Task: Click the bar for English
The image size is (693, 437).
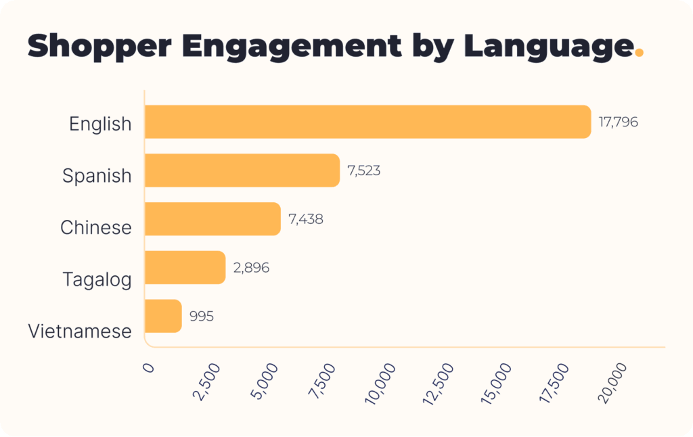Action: pyautogui.click(x=367, y=122)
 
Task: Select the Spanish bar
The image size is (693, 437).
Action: pyautogui.click(x=242, y=170)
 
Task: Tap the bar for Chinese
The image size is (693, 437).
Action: pyautogui.click(x=213, y=218)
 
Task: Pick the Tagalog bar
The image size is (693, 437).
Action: pyautogui.click(x=185, y=267)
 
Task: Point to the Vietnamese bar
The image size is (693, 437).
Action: pyautogui.click(x=163, y=316)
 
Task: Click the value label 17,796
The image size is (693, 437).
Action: pyautogui.click(x=619, y=123)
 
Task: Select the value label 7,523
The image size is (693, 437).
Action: pyautogui.click(x=364, y=171)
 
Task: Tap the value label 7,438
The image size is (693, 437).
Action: pyautogui.click(x=306, y=219)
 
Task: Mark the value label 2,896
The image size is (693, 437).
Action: pyautogui.click(x=251, y=268)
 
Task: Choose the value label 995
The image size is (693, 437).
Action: pyautogui.click(x=202, y=316)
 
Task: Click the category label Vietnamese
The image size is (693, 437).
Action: pyautogui.click(x=80, y=331)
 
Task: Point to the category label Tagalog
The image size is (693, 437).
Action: pyautogui.click(x=97, y=279)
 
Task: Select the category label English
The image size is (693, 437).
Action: pyautogui.click(x=100, y=124)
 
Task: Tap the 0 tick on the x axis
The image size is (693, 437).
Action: pyautogui.click(x=149, y=367)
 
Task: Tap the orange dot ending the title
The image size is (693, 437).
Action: pyautogui.click(x=638, y=54)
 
